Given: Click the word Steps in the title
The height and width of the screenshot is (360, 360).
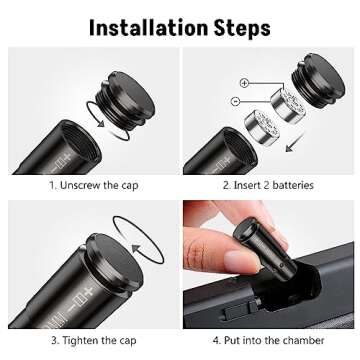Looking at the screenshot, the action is coord(242,28).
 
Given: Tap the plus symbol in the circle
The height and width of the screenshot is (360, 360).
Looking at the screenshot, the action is coord(244,83).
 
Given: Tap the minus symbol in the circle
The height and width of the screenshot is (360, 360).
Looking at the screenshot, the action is coord(235,101).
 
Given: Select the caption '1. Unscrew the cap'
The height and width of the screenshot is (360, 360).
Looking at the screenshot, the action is coord(94,186).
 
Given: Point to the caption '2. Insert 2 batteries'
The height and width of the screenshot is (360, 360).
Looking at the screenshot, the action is coord(268,185).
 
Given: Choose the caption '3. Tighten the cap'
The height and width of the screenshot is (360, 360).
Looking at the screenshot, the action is coord(94,340).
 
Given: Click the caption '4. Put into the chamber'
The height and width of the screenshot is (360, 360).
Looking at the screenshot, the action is coord(268,340).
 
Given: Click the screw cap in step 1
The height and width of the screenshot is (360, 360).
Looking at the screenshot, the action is coord(126,100).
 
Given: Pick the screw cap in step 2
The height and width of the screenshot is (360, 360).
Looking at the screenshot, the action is coord(318,80).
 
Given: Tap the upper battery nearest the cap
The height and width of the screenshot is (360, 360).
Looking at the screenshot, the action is coord(287,106).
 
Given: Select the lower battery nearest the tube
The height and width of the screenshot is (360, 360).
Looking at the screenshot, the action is coord(262,127).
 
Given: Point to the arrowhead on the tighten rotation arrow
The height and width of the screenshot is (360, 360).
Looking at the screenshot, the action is coord(137,249).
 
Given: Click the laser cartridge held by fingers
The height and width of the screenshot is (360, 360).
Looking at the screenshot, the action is coord(265,245).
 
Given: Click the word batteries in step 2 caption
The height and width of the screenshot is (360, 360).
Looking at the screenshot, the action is coord(293,185).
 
